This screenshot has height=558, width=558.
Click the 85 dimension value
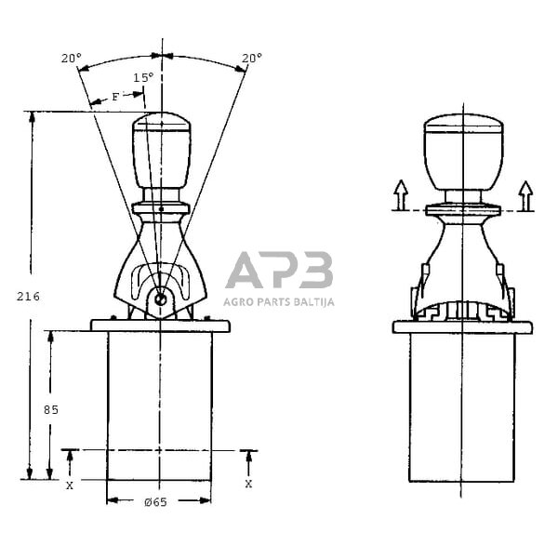coord(51,409)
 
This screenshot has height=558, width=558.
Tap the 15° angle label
coord(142,78)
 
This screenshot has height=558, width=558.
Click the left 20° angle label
coord(71,58)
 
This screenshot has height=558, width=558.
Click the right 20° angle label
coord(251,58)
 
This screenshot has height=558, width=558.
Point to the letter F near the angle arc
coord(114,96)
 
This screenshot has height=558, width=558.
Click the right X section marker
coord(248,485)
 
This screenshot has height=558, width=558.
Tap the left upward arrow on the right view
coord(400,195)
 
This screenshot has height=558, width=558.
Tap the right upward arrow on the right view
coord(525,195)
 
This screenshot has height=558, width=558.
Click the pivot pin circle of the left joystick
coord(161,299)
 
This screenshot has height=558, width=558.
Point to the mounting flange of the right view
coord(462,327)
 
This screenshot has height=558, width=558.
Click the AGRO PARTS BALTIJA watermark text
coord(279,301)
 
